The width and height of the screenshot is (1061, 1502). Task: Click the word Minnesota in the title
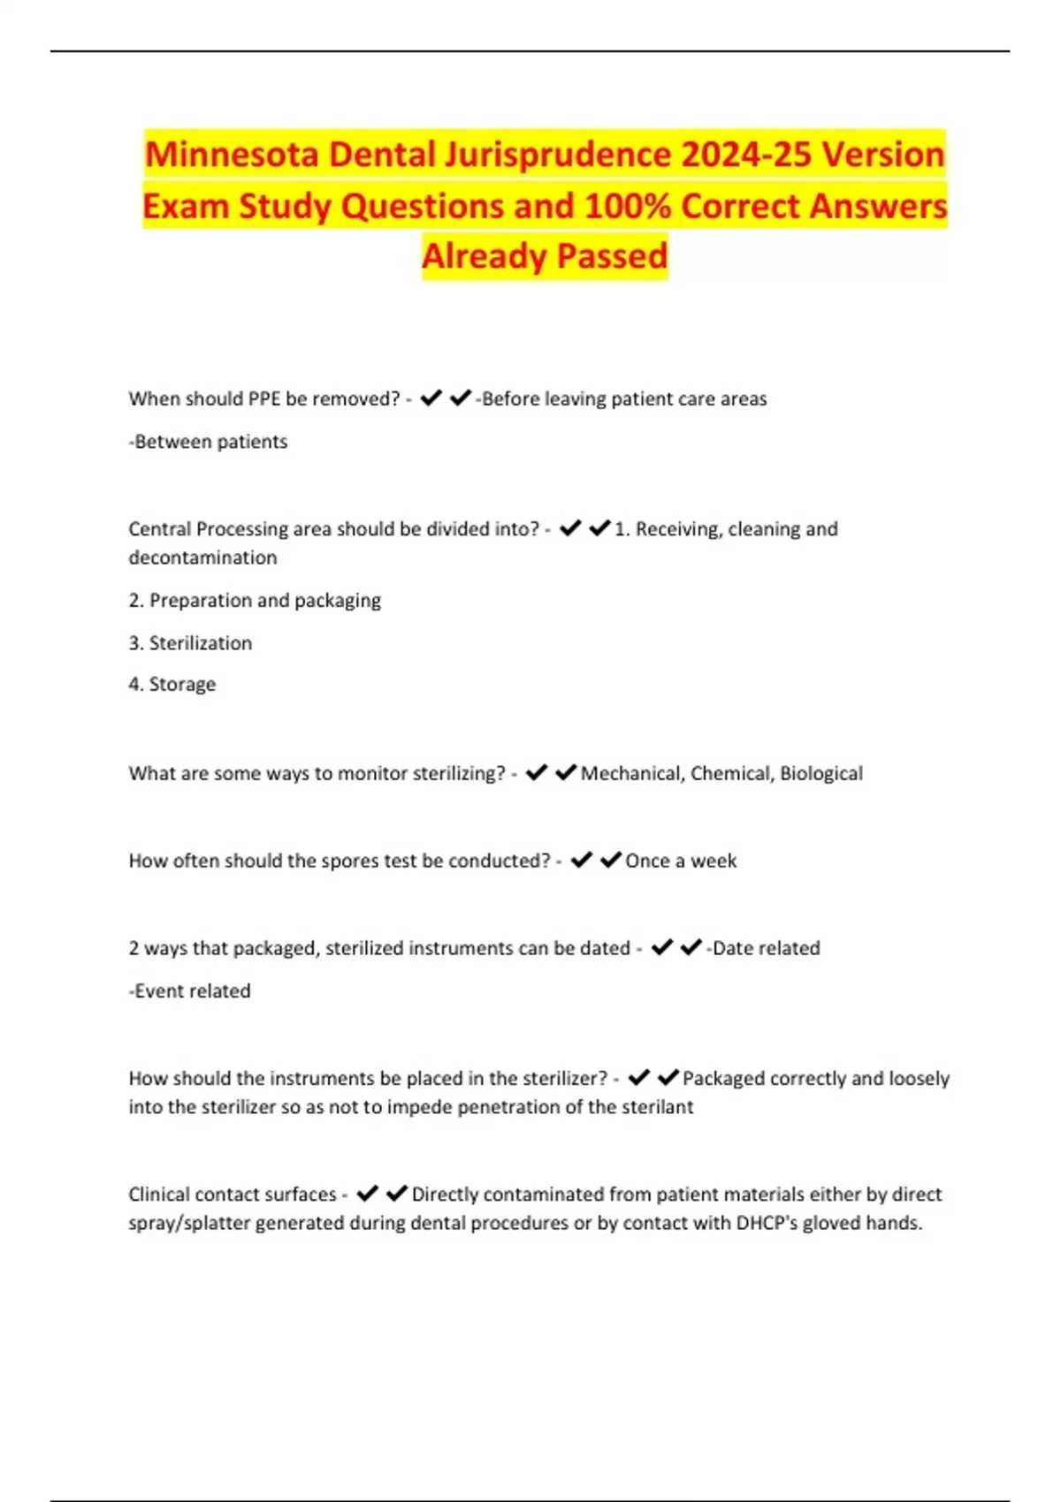[232, 155]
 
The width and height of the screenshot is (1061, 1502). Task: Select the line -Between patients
[208, 442]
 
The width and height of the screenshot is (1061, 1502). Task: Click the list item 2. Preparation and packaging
[255, 601]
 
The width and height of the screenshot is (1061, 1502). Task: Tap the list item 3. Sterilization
[190, 643]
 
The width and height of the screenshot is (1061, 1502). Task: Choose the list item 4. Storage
[172, 685]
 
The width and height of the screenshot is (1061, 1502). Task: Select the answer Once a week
[681, 861]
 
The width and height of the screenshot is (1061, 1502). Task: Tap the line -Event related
[190, 991]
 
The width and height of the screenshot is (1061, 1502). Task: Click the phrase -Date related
[763, 948]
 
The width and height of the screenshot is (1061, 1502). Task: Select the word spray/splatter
[189, 1223]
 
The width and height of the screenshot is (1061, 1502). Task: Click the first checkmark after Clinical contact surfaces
[368, 1194]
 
